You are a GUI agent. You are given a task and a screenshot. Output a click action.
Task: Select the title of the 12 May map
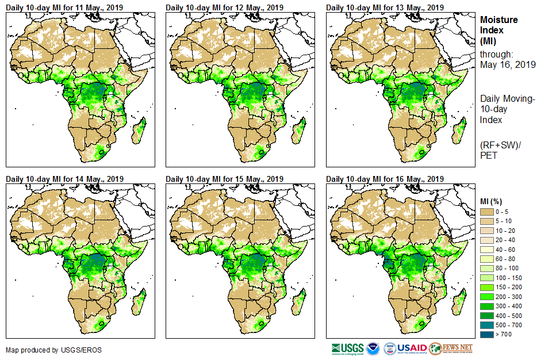224,7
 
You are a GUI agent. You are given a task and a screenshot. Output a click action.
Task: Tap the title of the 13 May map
385,7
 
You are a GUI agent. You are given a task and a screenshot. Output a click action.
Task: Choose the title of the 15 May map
224,178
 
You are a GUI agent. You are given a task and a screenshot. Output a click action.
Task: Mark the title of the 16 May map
385,178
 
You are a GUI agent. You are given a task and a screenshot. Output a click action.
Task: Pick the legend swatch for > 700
488,334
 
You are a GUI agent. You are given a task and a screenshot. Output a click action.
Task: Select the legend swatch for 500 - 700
488,324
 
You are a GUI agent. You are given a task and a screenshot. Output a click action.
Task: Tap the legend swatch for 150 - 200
488,287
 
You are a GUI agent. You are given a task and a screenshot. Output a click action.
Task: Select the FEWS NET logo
451,348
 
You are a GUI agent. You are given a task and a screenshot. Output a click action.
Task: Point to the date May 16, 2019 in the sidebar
508,65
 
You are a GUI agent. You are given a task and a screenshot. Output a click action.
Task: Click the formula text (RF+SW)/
500,144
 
